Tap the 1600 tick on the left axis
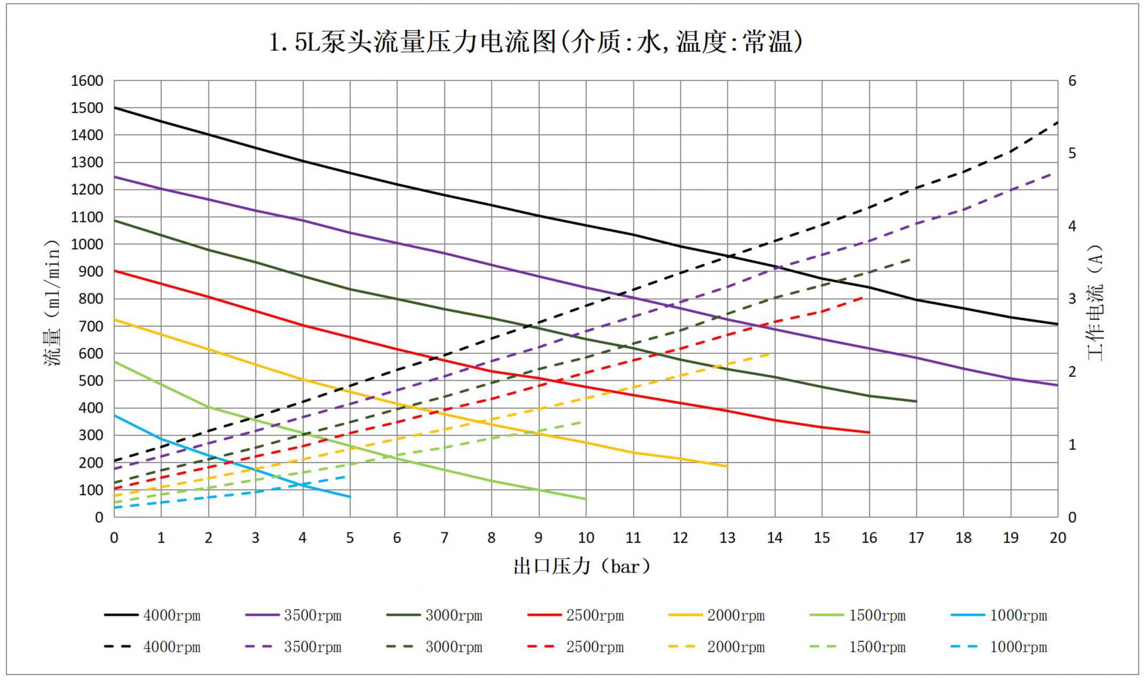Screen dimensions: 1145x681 (87, 81)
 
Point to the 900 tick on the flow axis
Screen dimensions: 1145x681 (91, 272)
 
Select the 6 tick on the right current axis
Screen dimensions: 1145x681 (1072, 81)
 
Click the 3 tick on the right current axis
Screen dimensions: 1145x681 (1072, 299)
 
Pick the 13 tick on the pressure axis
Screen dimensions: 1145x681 (727, 538)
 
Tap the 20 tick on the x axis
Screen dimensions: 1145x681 (1058, 538)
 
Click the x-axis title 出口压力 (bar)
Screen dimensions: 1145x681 (582, 567)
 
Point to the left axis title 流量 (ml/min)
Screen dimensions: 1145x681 (52, 303)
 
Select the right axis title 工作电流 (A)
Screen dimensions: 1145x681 (1095, 303)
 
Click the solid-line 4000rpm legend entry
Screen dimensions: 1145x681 (153, 616)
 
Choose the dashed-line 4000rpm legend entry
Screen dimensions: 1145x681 (153, 647)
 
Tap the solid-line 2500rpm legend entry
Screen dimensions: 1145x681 (576, 616)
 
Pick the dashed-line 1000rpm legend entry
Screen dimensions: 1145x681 (999, 647)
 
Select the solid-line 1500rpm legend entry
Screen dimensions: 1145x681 (858, 616)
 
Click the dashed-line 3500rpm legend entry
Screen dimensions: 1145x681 (293, 647)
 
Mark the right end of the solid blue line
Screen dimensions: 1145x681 (350, 497)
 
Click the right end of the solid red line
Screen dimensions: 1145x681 (869, 432)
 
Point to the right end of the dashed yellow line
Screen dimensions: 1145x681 (770, 354)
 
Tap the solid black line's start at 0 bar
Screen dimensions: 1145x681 (114, 107)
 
